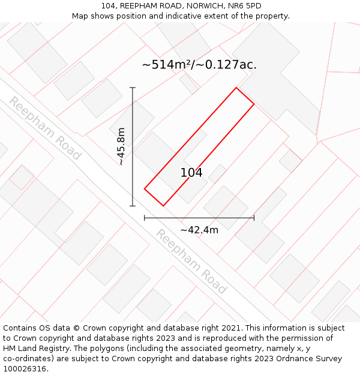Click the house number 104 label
point(191,173)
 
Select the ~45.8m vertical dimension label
point(121,146)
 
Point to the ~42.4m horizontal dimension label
point(199,230)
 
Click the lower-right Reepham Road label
point(191,262)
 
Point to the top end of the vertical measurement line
point(133,88)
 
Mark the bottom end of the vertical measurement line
point(133,206)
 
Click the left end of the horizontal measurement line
point(145,218)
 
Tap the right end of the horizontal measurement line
point(254,218)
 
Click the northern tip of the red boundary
point(236,88)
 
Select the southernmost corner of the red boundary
point(163,206)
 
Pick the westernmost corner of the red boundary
point(145,189)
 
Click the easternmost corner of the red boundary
point(254,104)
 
